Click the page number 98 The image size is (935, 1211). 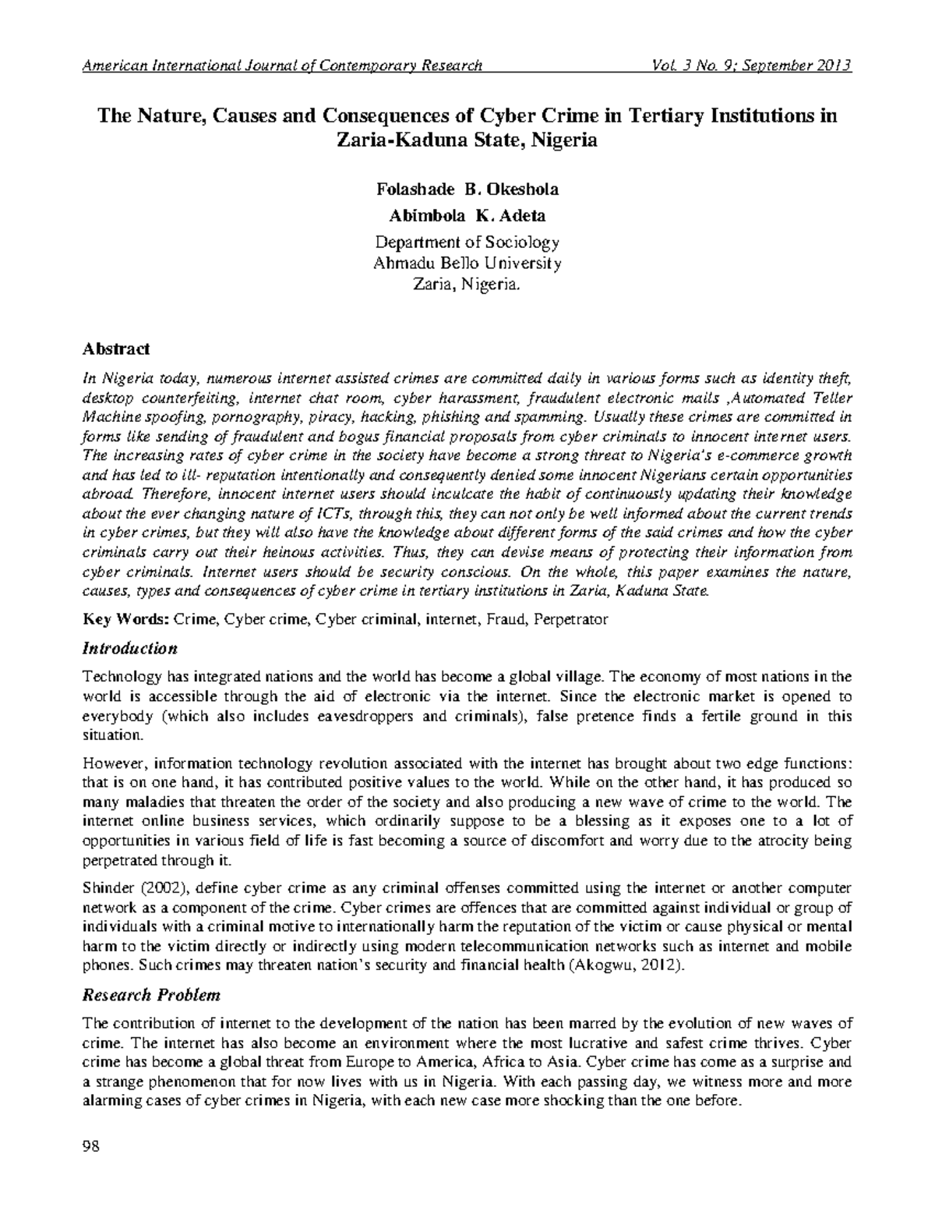90,1146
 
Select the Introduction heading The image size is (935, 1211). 130,648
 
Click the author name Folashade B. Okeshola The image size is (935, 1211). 467,189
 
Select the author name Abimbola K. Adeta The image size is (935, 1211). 467,216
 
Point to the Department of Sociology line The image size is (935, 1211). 467,243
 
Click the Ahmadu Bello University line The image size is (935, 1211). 467,264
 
